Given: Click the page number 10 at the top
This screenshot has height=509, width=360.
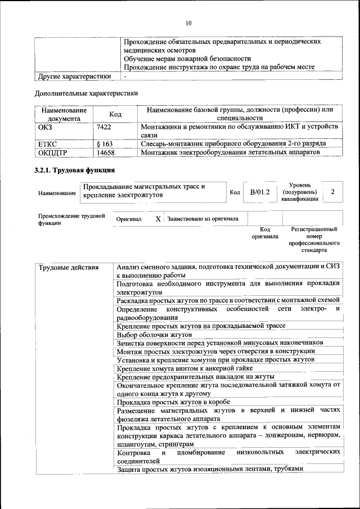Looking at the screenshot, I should pos(188,23).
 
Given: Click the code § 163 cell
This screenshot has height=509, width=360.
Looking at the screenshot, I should pos(105,144).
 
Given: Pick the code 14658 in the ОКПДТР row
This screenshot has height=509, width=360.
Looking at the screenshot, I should pos(106,152).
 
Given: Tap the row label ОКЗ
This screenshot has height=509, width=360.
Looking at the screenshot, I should pos(47,128).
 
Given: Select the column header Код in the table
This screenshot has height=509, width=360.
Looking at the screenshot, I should pos(115,114).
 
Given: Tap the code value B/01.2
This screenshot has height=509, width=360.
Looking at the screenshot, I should pos(260,192).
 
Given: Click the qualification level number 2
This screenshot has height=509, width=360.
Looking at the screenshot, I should pos(333,192).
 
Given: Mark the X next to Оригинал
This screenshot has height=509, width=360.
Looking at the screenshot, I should pos(158,218).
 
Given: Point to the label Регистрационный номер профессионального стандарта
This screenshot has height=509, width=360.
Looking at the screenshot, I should pos(314,240).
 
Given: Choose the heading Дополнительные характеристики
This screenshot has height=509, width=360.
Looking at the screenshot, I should pos(86,93).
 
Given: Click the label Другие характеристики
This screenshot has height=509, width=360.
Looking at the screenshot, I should pos(73,76).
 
